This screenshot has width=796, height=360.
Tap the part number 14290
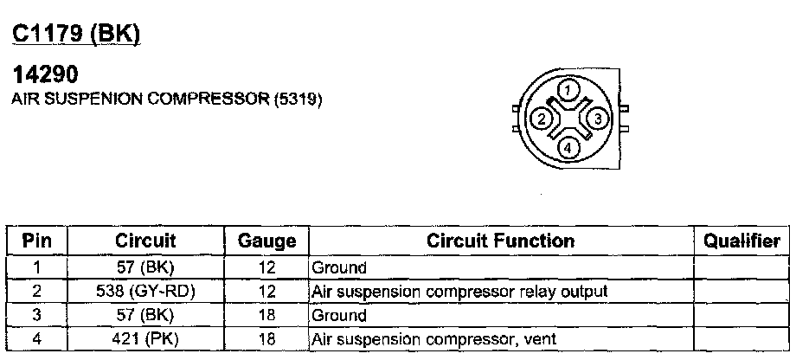point(43,77)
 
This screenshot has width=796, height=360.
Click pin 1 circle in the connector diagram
point(567,89)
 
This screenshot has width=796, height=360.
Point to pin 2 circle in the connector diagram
point(540,119)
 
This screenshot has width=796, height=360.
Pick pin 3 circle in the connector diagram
point(595,119)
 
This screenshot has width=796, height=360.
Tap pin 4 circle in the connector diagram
point(567,147)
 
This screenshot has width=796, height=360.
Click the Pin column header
point(36,241)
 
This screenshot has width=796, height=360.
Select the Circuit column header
point(144,241)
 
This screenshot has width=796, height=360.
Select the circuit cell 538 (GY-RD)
point(144,292)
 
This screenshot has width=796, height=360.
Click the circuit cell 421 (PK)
point(144,338)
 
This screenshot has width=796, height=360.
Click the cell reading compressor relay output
point(459,292)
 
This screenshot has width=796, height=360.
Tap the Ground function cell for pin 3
point(338,315)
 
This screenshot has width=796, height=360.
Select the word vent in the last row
point(538,338)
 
